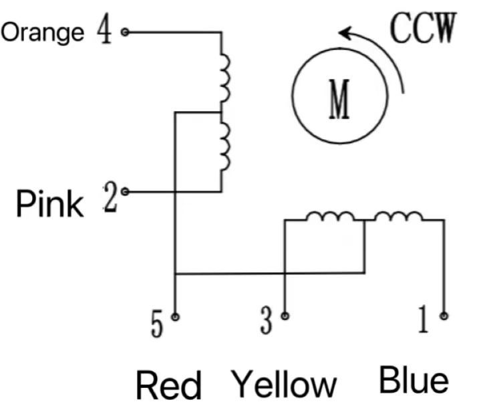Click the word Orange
click(x=43, y=32)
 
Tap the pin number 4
click(x=105, y=30)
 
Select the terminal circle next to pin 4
click(x=124, y=31)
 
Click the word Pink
click(x=50, y=203)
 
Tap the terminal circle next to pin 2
click(x=125, y=192)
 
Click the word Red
click(x=168, y=386)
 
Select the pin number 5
click(x=156, y=325)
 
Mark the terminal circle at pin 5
click(x=174, y=316)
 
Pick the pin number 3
click(x=267, y=323)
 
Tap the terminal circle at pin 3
click(x=285, y=315)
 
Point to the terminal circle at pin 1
click(x=444, y=315)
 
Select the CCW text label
click(x=423, y=28)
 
